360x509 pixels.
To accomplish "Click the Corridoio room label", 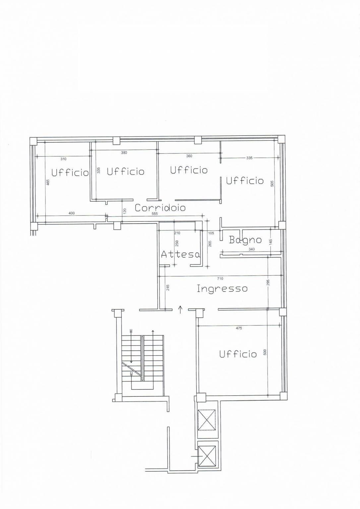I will click(160, 208).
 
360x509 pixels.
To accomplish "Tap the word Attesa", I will click(180, 254).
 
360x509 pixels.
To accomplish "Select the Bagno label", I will click(245, 240).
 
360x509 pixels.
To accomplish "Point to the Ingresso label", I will click(222, 288).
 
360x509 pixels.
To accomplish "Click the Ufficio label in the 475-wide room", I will click(238, 354).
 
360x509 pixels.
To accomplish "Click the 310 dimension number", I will click(63, 159).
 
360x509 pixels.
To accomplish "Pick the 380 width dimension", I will click(124, 153).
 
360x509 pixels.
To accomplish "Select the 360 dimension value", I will click(189, 156).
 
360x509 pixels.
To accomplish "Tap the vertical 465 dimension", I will click(48, 182).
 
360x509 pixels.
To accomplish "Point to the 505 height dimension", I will click(272, 184).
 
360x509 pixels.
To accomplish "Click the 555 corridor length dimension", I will click(155, 214).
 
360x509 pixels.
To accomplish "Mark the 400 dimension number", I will click(72, 213).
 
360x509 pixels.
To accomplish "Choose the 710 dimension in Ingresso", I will click(220, 279).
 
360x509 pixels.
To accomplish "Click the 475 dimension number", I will click(239, 328).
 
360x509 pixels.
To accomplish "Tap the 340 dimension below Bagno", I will click(252, 249).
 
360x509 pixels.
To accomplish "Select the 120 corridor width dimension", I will click(125, 210).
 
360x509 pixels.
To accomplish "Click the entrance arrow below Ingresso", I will click(180, 310).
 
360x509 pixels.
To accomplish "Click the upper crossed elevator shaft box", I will click(207, 420).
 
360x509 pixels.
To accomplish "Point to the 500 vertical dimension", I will click(265, 352).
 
